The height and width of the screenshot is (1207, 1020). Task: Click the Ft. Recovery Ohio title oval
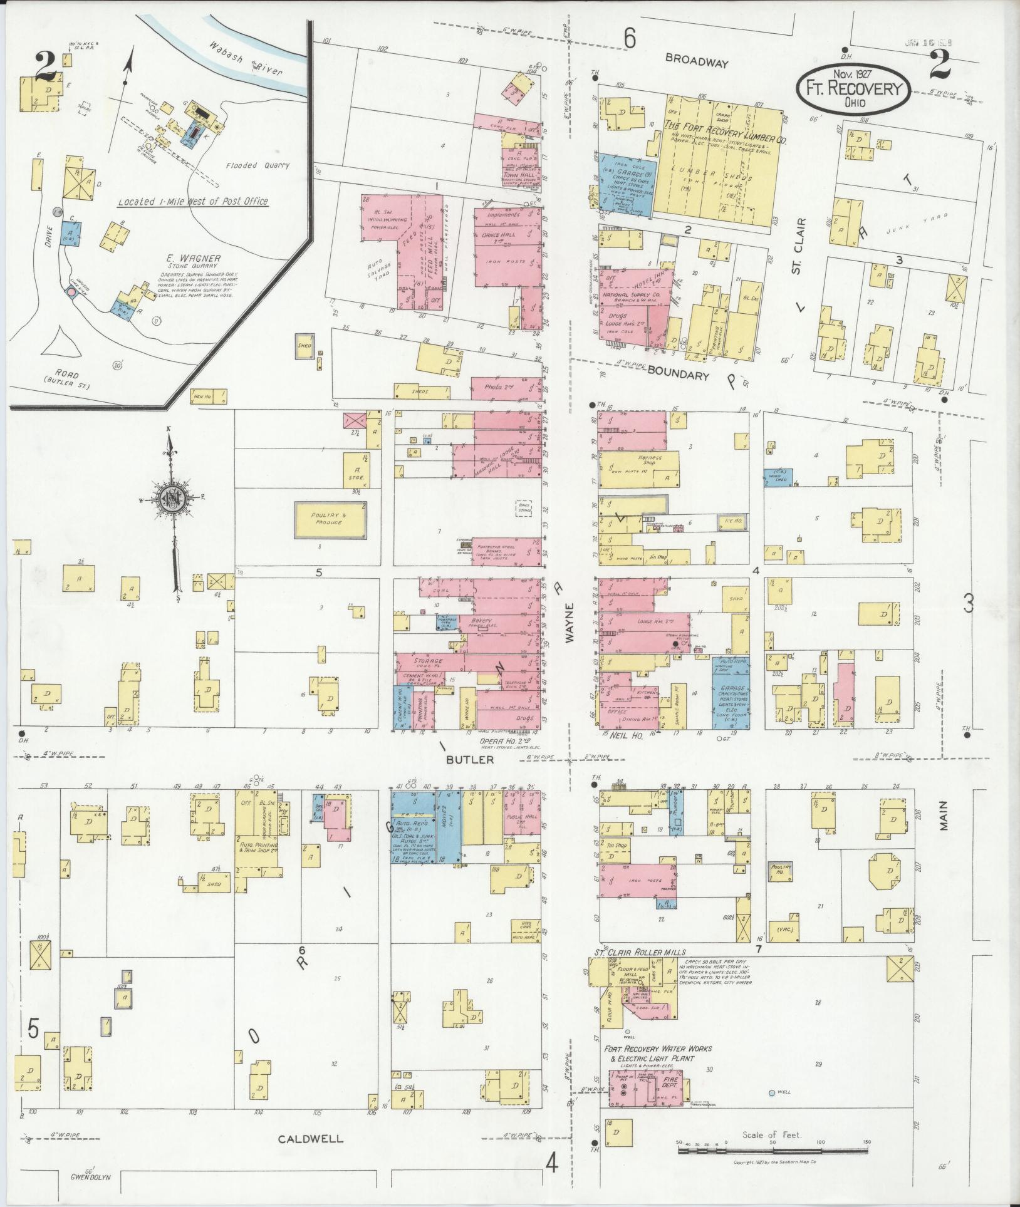[852, 90]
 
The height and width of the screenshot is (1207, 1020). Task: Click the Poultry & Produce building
[330, 519]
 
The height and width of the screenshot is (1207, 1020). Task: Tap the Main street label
[943, 816]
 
